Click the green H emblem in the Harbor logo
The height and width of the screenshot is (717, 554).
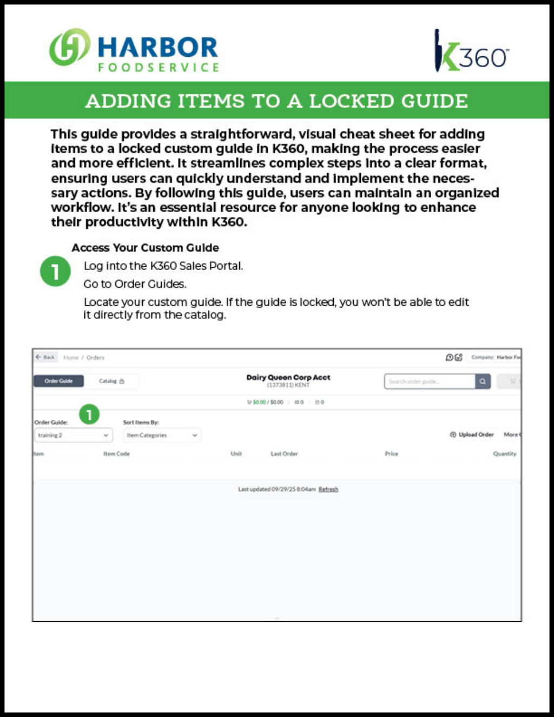(69, 47)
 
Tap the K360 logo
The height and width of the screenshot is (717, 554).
(470, 51)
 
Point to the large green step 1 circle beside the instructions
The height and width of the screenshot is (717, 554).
(55, 271)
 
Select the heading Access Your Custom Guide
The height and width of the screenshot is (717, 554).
(145, 248)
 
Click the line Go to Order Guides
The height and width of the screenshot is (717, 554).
(135, 284)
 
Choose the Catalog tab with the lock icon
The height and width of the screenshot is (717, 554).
(111, 381)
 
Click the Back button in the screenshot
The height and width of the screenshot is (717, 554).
(46, 357)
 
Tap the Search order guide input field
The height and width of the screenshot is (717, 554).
(429, 381)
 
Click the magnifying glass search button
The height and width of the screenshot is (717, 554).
(483, 381)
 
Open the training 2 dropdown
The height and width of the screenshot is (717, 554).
(73, 435)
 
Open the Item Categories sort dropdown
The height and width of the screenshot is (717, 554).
(161, 435)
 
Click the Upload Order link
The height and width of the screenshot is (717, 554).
(472, 435)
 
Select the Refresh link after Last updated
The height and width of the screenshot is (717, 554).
(328, 489)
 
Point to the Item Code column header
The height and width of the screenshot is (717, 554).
(116, 453)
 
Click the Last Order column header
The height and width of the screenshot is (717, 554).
(284, 453)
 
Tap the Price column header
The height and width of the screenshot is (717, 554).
(391, 453)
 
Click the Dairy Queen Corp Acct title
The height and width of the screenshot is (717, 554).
(288, 377)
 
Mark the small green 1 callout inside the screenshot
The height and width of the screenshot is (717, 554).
(89, 415)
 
